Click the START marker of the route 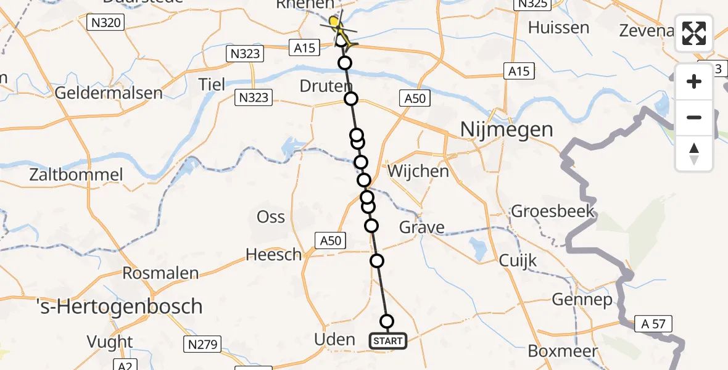[x=388, y=341]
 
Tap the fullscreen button [x=694, y=33]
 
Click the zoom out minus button [x=694, y=117]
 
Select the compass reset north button [x=694, y=154]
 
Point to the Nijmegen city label [x=505, y=130]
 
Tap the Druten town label [x=326, y=86]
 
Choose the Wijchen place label [x=418, y=171]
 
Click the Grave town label [x=422, y=228]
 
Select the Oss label [x=271, y=216]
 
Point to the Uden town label [x=334, y=339]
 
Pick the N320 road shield [x=106, y=23]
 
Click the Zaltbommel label [x=77, y=175]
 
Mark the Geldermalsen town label [x=109, y=93]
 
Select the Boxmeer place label [x=563, y=351]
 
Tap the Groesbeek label [x=553, y=212]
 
